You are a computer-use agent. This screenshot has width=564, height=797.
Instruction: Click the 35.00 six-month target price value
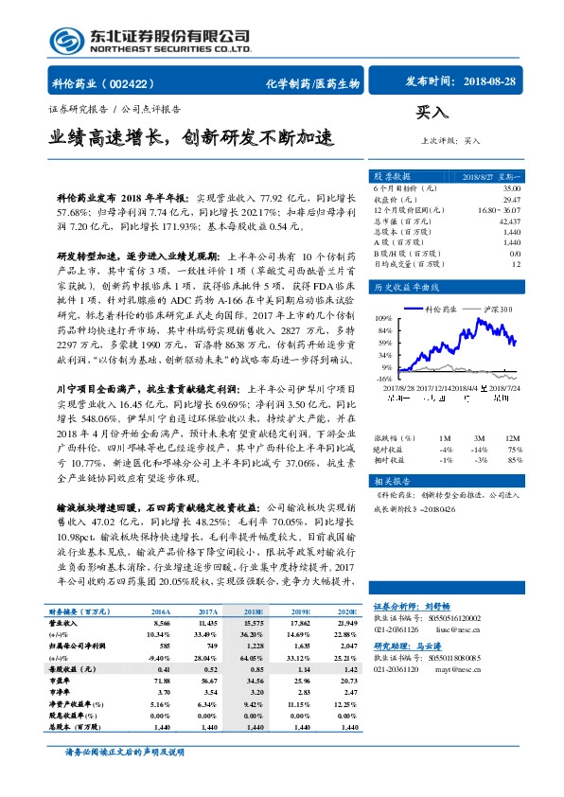(x=511, y=189)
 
